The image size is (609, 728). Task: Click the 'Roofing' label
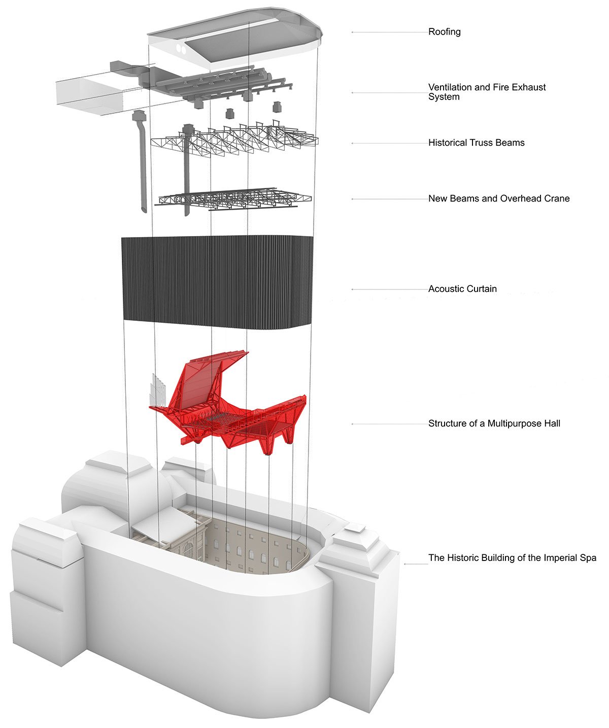pos(444,32)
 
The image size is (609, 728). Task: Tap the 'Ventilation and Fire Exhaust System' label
pos(487,92)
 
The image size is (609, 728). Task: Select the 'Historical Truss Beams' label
pos(476,143)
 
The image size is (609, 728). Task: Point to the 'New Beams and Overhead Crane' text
pos(498,198)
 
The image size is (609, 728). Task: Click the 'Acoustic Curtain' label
pos(462,289)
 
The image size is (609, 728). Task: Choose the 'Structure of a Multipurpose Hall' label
pos(494,423)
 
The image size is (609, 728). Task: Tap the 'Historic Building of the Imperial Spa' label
pos(512,557)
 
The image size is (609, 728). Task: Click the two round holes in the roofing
pos(180,49)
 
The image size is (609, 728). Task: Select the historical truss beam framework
pos(233,140)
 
